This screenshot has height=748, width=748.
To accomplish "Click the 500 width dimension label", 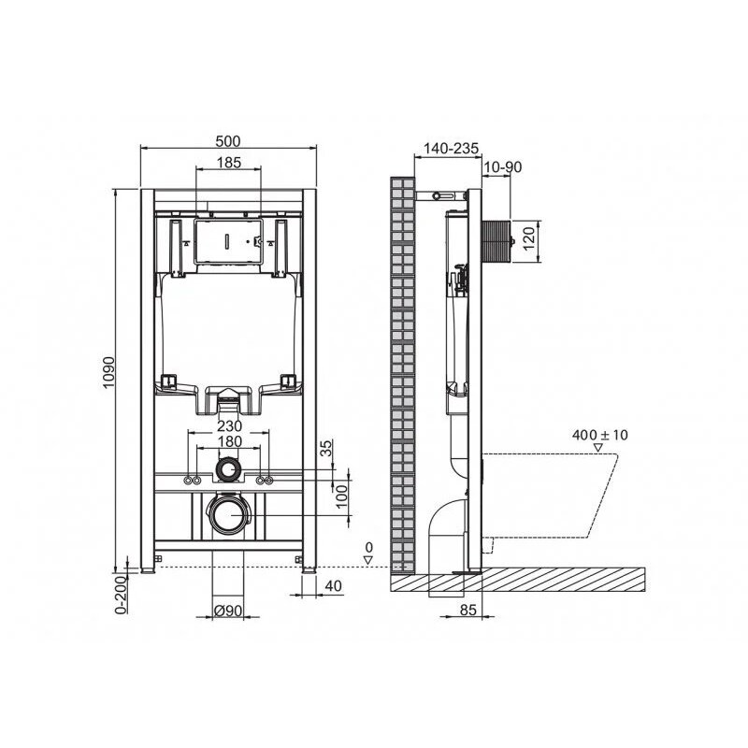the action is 228,141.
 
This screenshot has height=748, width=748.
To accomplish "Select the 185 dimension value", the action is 229,163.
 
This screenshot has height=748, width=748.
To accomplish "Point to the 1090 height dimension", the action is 108,372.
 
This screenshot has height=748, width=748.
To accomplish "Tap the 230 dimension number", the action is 229,425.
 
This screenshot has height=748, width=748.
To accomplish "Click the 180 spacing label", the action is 229,441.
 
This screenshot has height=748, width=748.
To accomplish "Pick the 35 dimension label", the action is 325,449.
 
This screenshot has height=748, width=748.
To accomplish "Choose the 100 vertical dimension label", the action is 341,496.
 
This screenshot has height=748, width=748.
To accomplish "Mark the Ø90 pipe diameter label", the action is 227,611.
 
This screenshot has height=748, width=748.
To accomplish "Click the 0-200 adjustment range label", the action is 122,594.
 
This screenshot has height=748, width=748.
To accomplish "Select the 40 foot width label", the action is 333,585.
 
